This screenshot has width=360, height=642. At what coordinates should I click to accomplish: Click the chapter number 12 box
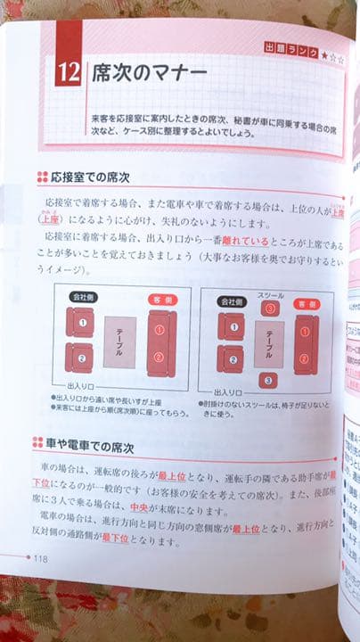click(x=68, y=71)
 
